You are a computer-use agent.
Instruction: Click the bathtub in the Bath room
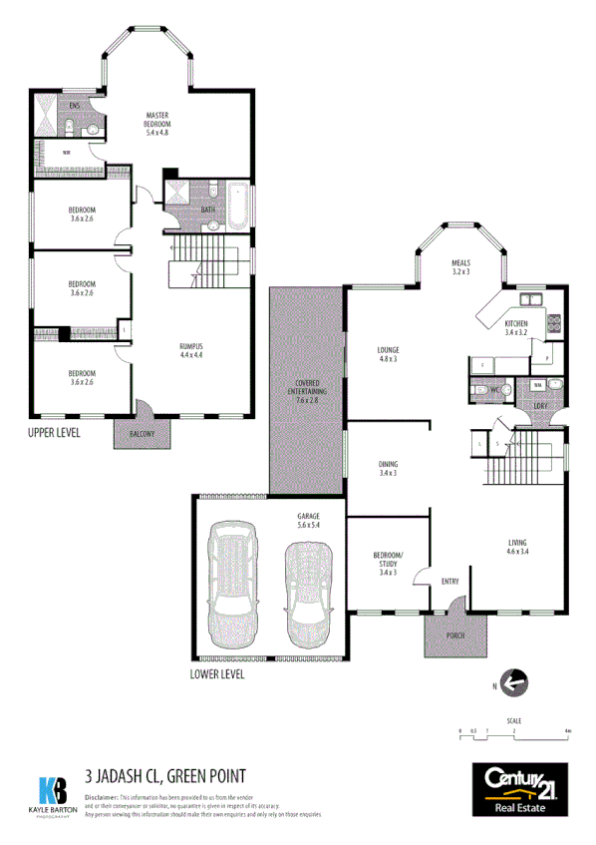click(239, 202)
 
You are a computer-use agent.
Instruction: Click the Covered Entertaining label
click(306, 392)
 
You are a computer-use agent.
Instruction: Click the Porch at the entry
click(455, 633)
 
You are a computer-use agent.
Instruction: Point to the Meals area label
click(460, 265)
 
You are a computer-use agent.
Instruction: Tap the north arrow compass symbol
click(513, 683)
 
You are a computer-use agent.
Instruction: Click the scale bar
click(513, 735)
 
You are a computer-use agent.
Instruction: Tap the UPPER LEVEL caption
click(55, 433)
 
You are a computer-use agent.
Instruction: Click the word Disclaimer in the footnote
click(101, 798)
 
